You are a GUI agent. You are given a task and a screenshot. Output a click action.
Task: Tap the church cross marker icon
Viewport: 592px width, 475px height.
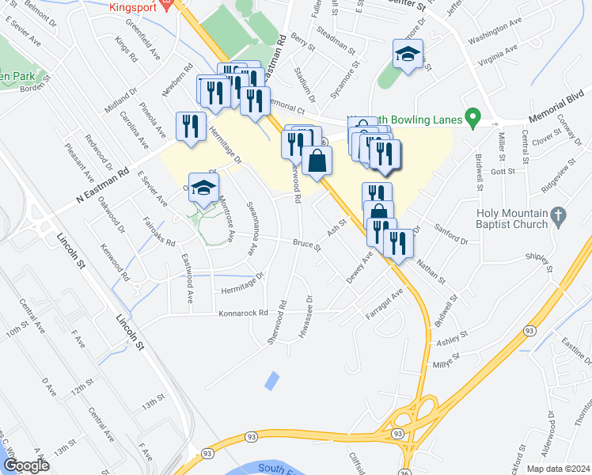[x=559, y=214]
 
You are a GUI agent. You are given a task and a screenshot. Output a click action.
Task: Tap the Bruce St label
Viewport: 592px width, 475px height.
[x=306, y=246]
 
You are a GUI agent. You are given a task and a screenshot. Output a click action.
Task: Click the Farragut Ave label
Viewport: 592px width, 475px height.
[x=385, y=305]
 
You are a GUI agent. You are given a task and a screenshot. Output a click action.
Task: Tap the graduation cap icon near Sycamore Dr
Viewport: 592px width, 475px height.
[x=408, y=54]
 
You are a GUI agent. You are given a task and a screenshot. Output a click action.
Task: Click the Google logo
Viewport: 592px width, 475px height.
[x=26, y=465]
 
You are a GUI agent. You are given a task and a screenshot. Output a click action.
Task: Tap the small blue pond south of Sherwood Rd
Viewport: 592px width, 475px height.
[x=271, y=380]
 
